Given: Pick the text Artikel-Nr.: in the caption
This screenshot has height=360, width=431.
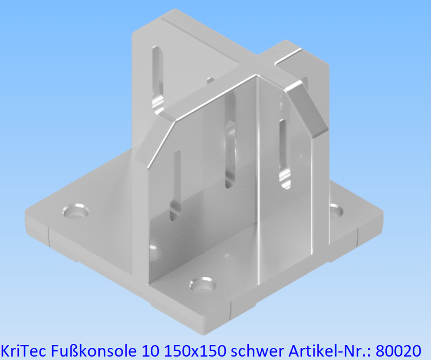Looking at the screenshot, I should pyautogui.click(x=327, y=349).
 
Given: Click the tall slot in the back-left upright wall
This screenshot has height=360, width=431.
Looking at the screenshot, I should pyautogui.click(x=158, y=79).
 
